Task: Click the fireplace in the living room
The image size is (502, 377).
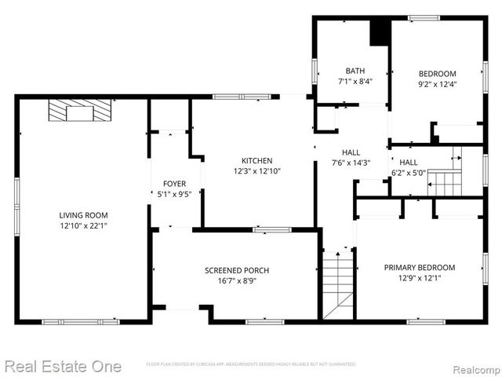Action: pyautogui.click(x=80, y=112)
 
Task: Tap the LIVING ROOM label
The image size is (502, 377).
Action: pyautogui.click(x=83, y=215)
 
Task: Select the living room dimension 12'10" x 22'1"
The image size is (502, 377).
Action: pyautogui.click(x=83, y=226)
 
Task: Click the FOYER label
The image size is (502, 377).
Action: pyautogui.click(x=174, y=184)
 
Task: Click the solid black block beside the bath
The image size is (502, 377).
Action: pyautogui.click(x=380, y=31)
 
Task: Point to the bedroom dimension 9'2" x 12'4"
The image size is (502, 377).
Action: pyautogui.click(x=437, y=85)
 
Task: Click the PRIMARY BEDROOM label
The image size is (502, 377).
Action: pyautogui.click(x=419, y=267)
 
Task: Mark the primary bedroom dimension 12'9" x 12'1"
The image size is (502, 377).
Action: pyautogui.click(x=419, y=278)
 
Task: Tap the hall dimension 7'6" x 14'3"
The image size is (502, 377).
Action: pyautogui.click(x=350, y=163)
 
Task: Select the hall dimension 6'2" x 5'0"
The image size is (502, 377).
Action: pyautogui.click(x=408, y=173)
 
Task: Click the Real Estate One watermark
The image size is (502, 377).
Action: pyautogui.click(x=62, y=366)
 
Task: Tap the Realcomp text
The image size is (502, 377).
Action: pyautogui.click(x=473, y=367)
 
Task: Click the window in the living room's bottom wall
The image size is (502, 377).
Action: pyautogui.click(x=81, y=321)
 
